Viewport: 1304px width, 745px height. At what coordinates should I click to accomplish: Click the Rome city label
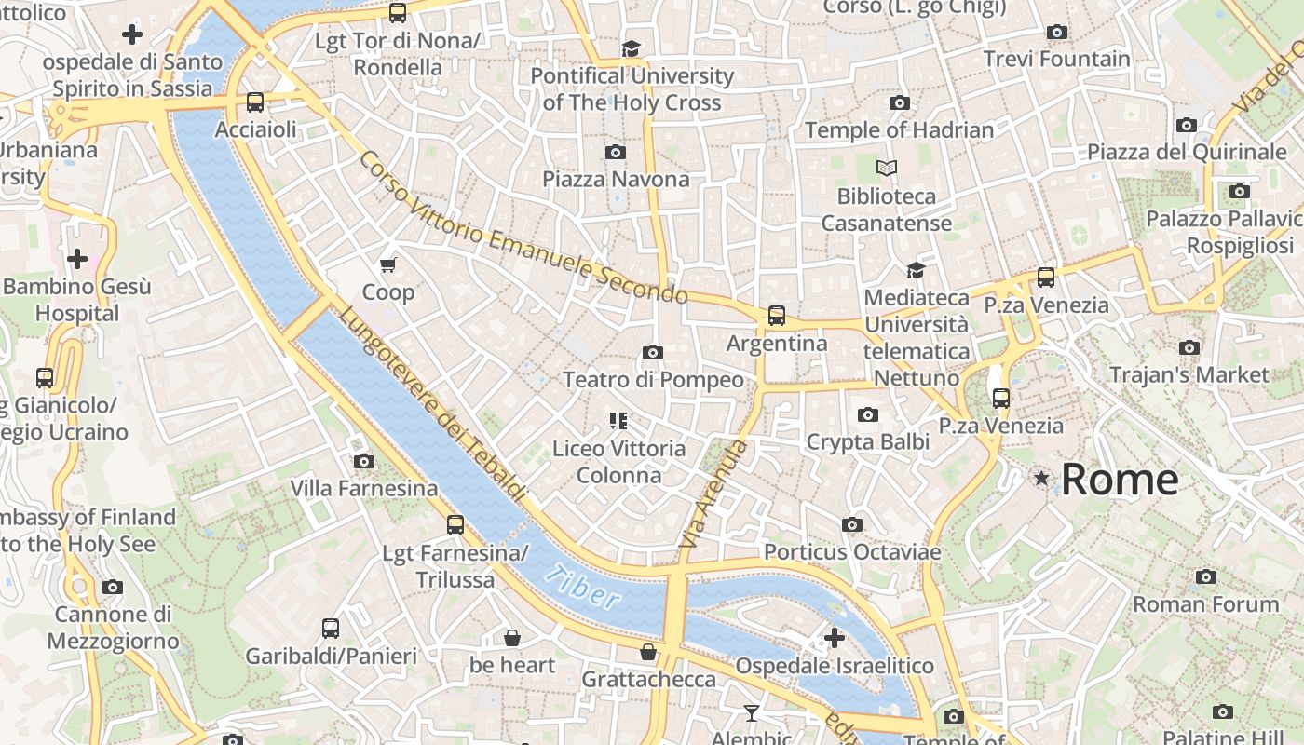coord(1120,481)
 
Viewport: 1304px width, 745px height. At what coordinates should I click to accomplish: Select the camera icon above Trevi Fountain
coord(1056,32)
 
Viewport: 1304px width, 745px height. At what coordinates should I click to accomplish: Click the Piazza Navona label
coord(616,179)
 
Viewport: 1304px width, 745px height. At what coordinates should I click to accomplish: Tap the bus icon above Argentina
coord(777,316)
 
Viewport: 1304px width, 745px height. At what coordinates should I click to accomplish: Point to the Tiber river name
coord(583,587)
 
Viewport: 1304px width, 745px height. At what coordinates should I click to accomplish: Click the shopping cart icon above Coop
coord(388,264)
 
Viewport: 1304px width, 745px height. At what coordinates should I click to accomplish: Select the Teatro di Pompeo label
coord(653,380)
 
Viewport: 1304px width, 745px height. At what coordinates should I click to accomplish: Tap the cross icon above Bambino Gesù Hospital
coord(77,258)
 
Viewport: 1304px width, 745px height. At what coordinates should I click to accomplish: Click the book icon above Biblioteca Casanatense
coord(887,169)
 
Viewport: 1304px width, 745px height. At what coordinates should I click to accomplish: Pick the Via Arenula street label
coord(713,494)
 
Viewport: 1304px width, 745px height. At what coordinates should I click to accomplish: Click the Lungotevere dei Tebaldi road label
coord(433,404)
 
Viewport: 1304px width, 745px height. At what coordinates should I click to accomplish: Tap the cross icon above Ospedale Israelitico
coord(835,638)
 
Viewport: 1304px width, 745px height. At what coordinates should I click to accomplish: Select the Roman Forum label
coord(1205,604)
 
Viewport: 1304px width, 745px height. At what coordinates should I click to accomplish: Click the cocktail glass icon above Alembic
coord(752,713)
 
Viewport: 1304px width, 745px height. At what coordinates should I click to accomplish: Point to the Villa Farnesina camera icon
coord(364,461)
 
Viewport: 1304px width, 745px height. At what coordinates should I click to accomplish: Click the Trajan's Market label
coord(1189,375)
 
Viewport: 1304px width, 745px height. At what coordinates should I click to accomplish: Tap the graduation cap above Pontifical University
coord(632,48)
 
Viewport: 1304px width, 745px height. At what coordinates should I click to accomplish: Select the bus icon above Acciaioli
coord(255,102)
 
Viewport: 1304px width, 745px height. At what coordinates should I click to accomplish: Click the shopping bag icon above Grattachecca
coord(648,652)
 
